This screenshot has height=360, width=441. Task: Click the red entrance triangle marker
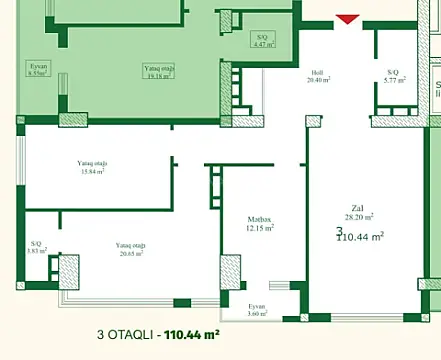click(347, 19)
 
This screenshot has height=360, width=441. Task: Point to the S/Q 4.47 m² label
click(261, 40)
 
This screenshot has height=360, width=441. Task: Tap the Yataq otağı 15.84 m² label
click(92, 166)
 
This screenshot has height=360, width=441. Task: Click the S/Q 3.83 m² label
click(37, 247)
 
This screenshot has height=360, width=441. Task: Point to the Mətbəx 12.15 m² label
click(260, 223)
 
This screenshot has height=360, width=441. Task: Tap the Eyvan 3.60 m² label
click(257, 309)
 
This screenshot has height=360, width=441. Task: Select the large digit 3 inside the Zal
click(339, 231)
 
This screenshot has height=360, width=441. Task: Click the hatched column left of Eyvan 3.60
click(230, 270)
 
